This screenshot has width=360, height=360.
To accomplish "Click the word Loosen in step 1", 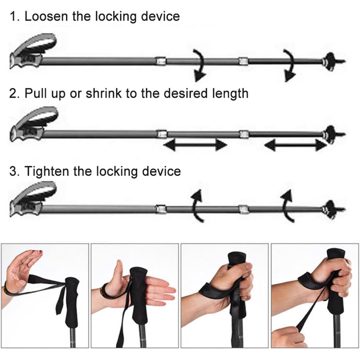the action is click(46, 16).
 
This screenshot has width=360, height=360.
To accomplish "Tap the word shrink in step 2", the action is click(103, 93).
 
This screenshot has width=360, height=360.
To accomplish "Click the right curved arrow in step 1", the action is click(290, 65).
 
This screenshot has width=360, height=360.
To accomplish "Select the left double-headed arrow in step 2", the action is click(195, 145).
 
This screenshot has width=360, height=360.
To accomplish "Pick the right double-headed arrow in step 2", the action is click(296, 145).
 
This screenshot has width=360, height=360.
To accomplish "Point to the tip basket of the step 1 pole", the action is click(331, 61).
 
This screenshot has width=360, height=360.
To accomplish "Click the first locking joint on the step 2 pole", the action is click(161, 134).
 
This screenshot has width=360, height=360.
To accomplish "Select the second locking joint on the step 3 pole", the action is click(244, 209).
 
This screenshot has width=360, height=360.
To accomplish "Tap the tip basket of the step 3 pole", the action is click(331, 209).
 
